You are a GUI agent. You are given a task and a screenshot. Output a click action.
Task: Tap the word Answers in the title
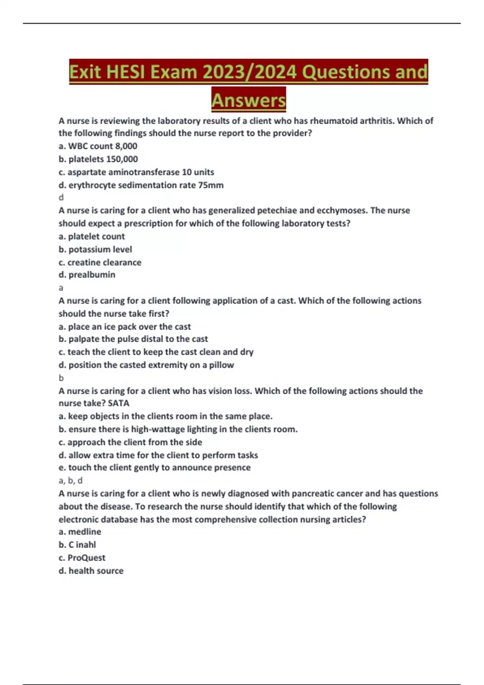coord(248,100)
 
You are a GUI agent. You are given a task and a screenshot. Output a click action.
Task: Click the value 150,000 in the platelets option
coord(122,159)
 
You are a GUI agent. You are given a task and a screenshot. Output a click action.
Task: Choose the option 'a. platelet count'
coord(92,237)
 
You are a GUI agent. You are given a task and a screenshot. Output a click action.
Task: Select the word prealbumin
coord(92,275)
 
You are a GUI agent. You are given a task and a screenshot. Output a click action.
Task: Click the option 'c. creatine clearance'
coord(100,262)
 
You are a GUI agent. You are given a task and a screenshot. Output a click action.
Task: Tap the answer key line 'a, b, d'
coord(71,480)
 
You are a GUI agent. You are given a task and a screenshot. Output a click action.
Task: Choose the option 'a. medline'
coord(80,532)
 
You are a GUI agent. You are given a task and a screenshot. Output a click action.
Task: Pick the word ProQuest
coord(86,558)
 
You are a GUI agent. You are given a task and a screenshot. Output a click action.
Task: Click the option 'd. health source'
coord(91,571)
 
